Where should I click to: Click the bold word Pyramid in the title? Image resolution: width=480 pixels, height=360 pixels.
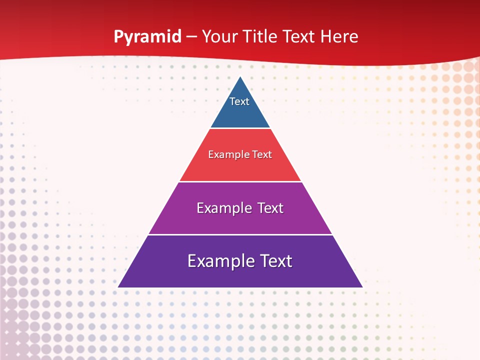coord(147,37)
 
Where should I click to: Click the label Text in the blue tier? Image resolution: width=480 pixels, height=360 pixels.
coord(239,101)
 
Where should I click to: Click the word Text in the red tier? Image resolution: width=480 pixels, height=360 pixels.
coord(262,155)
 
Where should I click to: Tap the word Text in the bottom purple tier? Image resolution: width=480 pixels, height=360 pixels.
coord(274,261)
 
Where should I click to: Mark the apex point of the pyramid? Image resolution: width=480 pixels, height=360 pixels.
coord(240,77)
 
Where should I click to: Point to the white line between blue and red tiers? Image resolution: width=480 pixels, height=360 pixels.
coord(240,128)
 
